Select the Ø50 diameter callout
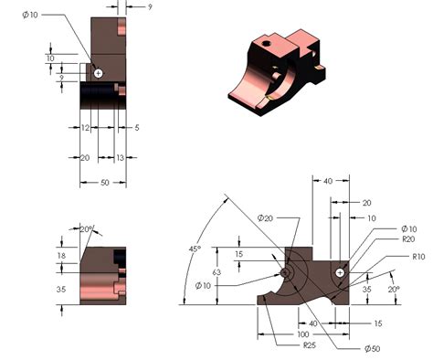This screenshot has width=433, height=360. [x=346, y=349]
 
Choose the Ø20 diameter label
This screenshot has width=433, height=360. [x=266, y=217]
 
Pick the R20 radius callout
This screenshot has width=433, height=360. [x=409, y=238]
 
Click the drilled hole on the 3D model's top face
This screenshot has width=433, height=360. [x=266, y=42]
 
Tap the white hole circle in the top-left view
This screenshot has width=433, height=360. [x=99, y=72]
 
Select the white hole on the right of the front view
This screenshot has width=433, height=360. [x=341, y=272]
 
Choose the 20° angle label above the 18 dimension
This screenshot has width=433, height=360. [x=87, y=228]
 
